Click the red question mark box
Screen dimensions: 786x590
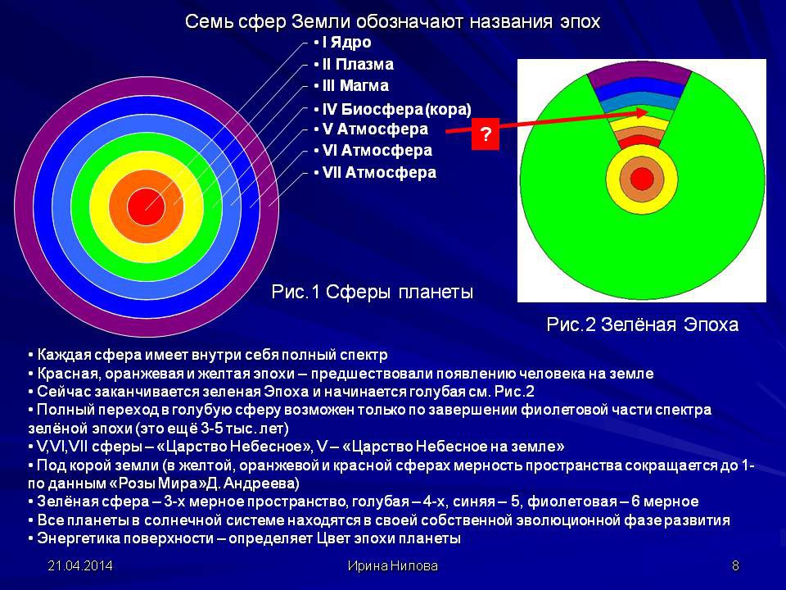486,134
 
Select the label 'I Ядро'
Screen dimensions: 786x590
346,42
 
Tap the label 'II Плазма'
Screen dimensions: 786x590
358,64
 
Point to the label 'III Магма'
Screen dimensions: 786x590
355,86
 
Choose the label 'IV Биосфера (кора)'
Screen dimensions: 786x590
396,109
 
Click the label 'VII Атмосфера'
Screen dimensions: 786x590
379,173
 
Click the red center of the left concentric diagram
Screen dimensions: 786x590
146,206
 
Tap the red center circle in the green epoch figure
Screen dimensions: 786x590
642,178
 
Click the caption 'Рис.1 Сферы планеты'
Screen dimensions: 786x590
372,292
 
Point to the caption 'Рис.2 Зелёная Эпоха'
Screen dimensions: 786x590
642,324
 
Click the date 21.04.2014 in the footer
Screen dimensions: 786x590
80,566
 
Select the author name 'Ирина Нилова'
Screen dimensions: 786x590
392,566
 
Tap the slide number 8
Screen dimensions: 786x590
735,566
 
